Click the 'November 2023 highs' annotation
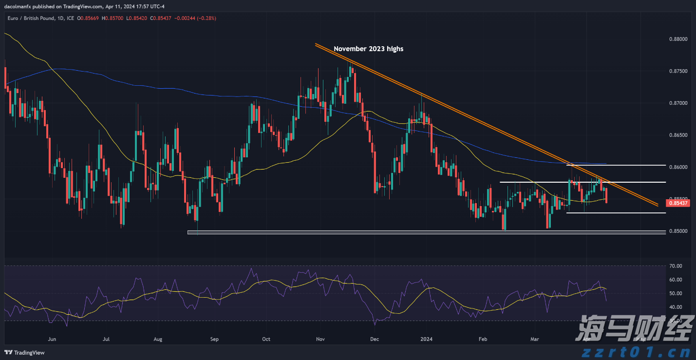click(368, 49)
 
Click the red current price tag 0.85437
click(678, 203)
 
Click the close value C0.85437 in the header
click(160, 18)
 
